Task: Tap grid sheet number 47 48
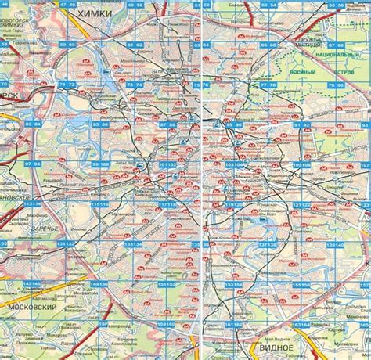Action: click(x=67, y=5)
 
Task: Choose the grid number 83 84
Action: click(x=33, y=124)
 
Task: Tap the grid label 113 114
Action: click(x=33, y=204)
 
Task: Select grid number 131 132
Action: click(x=67, y=244)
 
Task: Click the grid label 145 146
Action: click(x=33, y=284)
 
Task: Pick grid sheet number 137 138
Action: click(x=268, y=244)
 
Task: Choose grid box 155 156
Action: click(x=302, y=284)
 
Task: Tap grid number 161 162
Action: click(x=167, y=324)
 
